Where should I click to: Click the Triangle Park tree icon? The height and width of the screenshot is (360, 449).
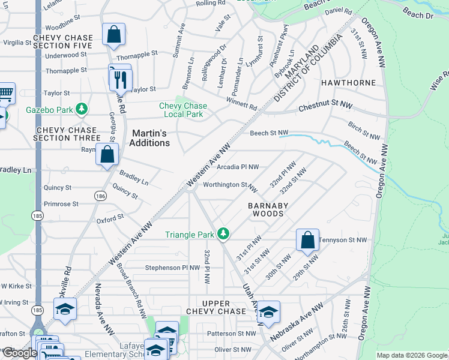click(x=223, y=233)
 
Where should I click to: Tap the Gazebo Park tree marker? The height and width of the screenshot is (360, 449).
click(x=82, y=110)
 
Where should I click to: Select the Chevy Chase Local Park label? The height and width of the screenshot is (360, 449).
click(x=183, y=110)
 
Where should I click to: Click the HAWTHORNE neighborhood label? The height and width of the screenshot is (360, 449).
click(x=348, y=82)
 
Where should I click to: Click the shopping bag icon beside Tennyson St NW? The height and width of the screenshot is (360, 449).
click(x=307, y=240)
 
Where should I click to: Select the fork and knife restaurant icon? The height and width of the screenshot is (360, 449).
click(x=120, y=77)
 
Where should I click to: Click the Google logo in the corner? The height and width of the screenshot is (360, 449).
click(x=19, y=353)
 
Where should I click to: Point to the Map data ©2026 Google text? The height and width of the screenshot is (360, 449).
click(x=412, y=355)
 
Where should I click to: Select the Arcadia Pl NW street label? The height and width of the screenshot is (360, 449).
click(x=238, y=167)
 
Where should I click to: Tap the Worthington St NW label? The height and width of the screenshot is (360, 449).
click(x=231, y=185)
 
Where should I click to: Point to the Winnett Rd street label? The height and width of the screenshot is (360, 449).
click(x=241, y=104)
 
